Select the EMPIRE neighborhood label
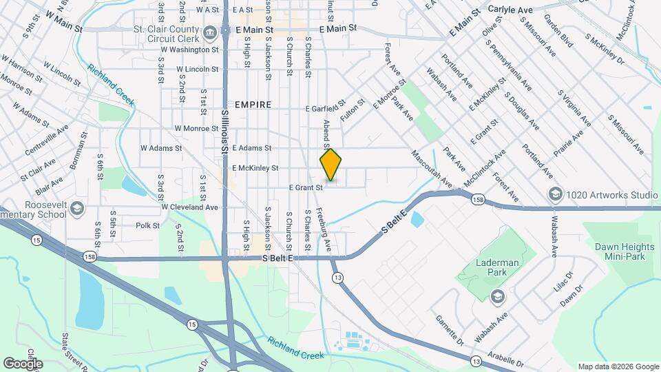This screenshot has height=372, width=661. (x=253, y=105)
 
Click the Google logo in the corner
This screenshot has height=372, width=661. (x=23, y=363)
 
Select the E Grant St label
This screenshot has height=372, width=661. (x=306, y=187)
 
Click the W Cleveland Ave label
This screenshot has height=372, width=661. (x=189, y=207)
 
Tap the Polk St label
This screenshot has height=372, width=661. (x=147, y=225)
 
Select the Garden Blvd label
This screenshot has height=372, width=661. (x=558, y=31)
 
